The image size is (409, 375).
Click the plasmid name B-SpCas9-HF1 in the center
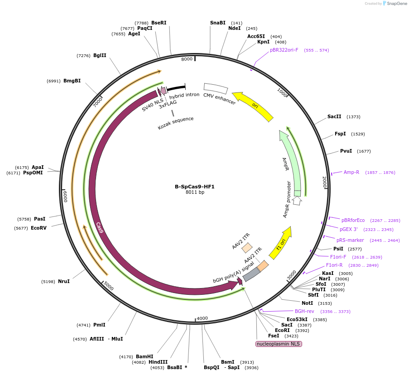coord(195,187)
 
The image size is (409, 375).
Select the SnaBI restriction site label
coord(217,23)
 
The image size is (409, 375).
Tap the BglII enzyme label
coord(100,55)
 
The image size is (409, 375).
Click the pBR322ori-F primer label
coord(284,50)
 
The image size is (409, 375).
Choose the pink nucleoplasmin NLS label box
coord(279,344)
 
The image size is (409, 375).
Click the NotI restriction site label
coord(307,303)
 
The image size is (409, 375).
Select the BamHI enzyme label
coord(144,356)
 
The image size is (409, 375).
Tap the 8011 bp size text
coord(195,192)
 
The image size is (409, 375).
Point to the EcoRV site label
coord(38,228)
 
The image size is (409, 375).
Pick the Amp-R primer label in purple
coord(351,172)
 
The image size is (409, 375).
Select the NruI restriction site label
coord(63,281)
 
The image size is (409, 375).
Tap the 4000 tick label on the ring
coord(202,318)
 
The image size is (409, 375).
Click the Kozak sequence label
coord(176,123)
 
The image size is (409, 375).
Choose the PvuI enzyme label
coord(346,151)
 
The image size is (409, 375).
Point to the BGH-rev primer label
coord(304,311)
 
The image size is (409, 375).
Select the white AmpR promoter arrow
coord(297,200)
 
